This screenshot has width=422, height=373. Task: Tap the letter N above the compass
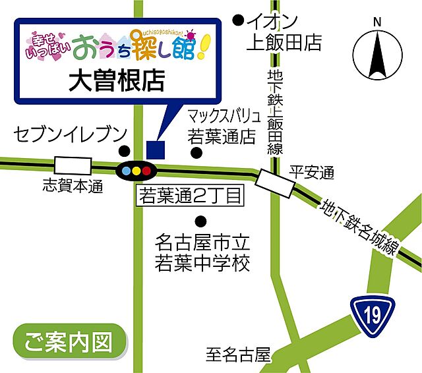pyautogui.click(x=377, y=22)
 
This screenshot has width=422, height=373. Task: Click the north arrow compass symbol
pyautogui.click(x=377, y=55)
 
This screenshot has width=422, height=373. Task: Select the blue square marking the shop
pyautogui.click(x=155, y=148)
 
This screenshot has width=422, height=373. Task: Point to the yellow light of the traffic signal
pyautogui.click(x=136, y=171)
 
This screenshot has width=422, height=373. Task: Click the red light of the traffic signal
pyautogui.click(x=147, y=171)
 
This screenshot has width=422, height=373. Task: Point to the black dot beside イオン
pyautogui.click(x=238, y=21)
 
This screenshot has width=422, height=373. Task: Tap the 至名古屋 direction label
pyautogui.click(x=238, y=357)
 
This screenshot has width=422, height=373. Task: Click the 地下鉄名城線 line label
pyautogui.click(x=359, y=227)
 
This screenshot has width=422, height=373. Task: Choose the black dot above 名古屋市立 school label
pyautogui.click(x=200, y=220)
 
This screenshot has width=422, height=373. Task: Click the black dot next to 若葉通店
pyautogui.click(x=196, y=153)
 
